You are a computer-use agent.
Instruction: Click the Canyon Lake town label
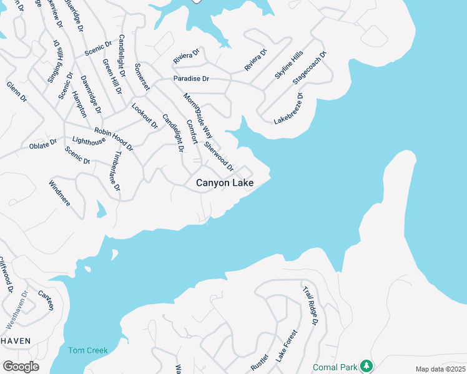(225, 183)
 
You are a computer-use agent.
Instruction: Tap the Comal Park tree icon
(368, 365)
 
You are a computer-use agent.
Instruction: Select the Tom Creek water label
(88, 350)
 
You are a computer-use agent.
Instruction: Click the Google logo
(21, 367)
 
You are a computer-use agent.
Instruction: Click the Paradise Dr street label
(191, 79)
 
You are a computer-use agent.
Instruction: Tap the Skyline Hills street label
(288, 65)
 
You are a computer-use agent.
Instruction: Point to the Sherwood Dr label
(219, 155)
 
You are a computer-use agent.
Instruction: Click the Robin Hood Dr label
(114, 139)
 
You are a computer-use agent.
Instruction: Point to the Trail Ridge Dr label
(310, 305)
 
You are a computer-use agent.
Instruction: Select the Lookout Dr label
(145, 115)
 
